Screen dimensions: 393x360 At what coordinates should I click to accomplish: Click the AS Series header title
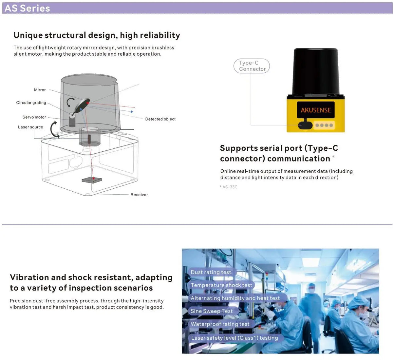coord(27,8)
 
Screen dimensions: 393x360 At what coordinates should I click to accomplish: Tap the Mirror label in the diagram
coord(40,90)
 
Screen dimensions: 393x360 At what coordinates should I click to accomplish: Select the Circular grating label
coord(31,103)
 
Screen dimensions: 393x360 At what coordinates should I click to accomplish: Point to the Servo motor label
coord(34,117)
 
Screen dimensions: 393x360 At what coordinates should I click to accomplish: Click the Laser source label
coord(30,127)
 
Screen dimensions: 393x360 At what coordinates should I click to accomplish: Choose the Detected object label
coord(160,119)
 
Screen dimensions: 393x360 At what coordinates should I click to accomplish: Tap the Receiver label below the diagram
coord(139,195)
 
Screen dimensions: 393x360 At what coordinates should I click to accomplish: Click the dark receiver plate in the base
coord(92,180)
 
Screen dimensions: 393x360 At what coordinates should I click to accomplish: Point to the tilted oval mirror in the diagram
coord(82,105)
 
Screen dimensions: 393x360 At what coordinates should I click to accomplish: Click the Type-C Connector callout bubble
coord(252,66)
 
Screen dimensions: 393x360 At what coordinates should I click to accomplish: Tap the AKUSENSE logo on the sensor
coord(316,110)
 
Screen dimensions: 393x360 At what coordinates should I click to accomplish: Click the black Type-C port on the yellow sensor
coord(305,125)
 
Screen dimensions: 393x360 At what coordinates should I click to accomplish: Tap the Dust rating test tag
coord(211,272)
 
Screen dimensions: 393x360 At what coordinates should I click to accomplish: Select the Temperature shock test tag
coord(221,285)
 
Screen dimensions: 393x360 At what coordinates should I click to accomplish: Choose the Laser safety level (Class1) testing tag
coord(234,338)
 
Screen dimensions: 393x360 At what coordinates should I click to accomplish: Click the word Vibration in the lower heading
coord(29,277)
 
